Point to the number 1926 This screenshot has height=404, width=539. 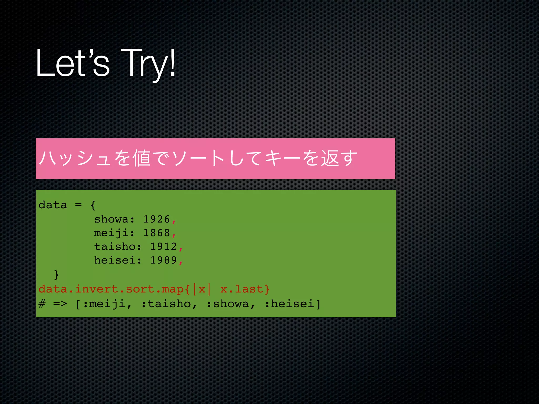pos(157,219)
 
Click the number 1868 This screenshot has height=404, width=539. pos(157,233)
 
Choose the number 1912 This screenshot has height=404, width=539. pos(163,246)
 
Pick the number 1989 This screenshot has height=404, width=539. pos(163,260)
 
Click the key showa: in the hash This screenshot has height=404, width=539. pos(114,219)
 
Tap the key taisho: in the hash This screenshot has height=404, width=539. pos(118,246)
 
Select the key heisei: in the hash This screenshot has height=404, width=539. pos(118,260)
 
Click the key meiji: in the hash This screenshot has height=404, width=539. pos(114,233)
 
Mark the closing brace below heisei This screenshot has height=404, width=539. pos(56,275)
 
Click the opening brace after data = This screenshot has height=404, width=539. pos(93,205)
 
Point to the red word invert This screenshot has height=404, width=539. pos(96,289)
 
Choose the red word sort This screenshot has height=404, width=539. pos(140,289)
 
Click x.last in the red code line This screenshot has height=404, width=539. pos(241,289)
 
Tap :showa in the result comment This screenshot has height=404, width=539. pos(228,304)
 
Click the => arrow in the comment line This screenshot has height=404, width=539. pos(60,304)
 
